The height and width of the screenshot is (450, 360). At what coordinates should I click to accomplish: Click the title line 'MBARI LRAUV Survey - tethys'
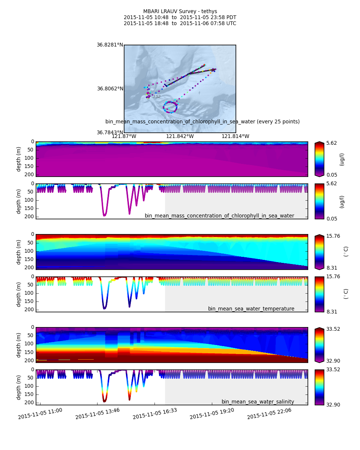180,12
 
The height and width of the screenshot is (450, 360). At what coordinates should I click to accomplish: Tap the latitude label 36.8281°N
110,45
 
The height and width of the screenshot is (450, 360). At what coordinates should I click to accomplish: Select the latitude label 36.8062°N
110,89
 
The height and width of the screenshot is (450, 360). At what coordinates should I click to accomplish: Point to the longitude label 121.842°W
180,136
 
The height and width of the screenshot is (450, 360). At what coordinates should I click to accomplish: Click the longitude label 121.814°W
235,136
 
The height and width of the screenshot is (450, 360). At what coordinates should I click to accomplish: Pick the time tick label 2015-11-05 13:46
97,414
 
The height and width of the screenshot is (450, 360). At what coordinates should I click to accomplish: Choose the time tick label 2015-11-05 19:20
212,414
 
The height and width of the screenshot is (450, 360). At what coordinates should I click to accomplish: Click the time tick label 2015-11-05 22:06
269,414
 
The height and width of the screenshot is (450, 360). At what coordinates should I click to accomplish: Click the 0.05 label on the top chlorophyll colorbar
332,175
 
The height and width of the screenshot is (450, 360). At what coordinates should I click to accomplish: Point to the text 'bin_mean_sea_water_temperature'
251,309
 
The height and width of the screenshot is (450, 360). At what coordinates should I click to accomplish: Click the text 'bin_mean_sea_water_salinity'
258,402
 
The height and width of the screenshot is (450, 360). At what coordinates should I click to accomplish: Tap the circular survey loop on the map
170,107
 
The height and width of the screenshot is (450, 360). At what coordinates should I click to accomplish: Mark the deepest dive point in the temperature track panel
104,308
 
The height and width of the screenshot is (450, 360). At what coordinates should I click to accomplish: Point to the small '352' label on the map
156,97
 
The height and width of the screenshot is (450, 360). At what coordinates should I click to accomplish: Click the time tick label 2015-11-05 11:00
40,414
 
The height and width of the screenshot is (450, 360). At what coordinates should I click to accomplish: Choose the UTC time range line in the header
180,24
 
